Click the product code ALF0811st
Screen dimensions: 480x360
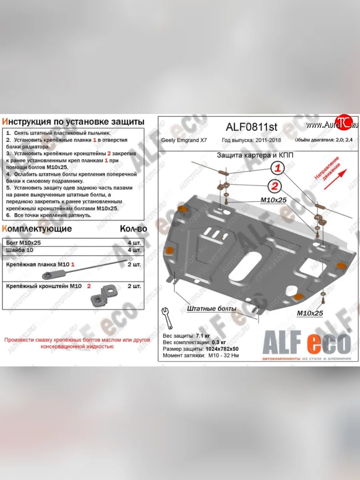[252, 127]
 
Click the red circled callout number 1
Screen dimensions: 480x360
[278, 169]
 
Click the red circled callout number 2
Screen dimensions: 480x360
[274, 186]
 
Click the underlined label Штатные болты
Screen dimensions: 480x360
[211, 309]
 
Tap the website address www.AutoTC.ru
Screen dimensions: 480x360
[332, 125]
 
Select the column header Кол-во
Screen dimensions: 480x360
[133, 229]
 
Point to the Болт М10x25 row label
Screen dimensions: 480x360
[24, 242]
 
